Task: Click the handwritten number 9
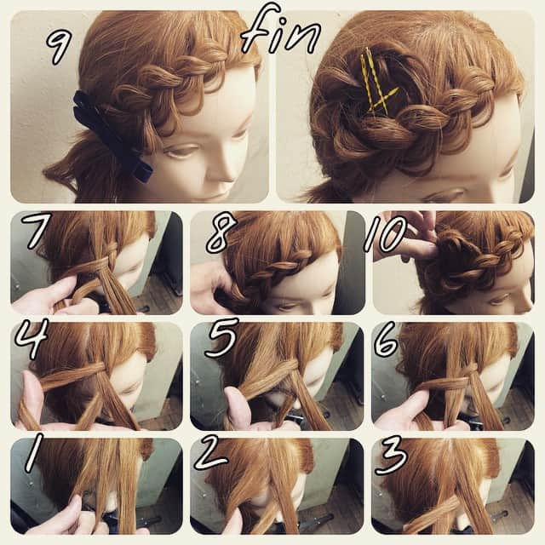(x=59, y=43)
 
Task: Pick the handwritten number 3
(x=391, y=455)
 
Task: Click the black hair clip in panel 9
(x=111, y=141)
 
